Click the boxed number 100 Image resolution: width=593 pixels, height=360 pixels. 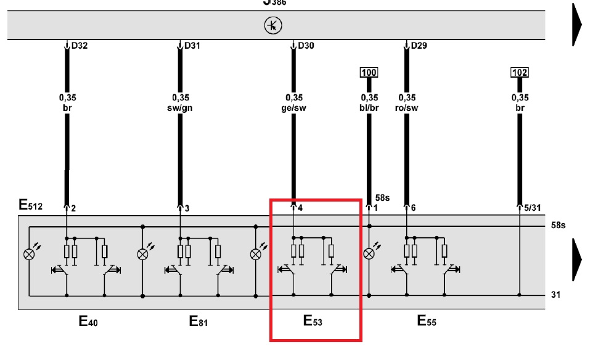click(369, 73)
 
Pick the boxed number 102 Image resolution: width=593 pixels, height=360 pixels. click(520, 73)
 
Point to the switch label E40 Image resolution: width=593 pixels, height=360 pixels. click(88, 321)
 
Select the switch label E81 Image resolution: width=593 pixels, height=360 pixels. click(200, 321)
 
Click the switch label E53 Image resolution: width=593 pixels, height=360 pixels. click(313, 321)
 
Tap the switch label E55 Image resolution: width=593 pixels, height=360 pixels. click(427, 321)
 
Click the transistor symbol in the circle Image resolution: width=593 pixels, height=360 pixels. click(272, 25)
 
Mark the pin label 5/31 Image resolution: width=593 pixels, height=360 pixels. click(532, 208)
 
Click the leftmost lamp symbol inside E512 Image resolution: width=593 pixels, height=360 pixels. click(28, 253)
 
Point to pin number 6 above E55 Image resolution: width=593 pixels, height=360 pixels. click(413, 208)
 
